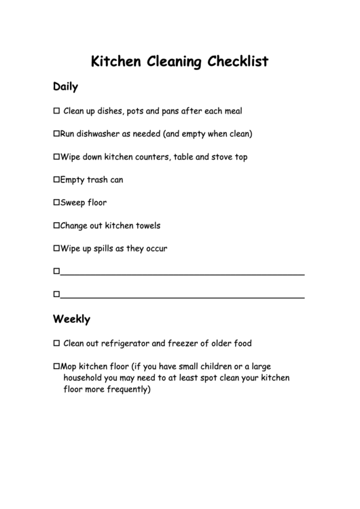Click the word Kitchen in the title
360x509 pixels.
(x=117, y=62)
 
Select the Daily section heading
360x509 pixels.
(x=66, y=87)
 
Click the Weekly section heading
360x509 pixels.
(x=71, y=319)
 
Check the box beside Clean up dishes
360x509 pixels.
(x=56, y=111)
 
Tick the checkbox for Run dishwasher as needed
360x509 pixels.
(x=56, y=134)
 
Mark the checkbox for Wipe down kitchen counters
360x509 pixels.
(x=56, y=157)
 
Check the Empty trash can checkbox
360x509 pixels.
(x=56, y=180)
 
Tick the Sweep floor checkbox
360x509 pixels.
(x=56, y=203)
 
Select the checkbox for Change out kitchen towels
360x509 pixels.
(x=56, y=226)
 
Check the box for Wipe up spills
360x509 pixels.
(x=56, y=249)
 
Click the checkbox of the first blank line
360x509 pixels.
(x=56, y=272)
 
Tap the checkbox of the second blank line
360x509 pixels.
(x=56, y=295)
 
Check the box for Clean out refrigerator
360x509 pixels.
(x=56, y=343)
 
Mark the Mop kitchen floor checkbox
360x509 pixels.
(x=56, y=366)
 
